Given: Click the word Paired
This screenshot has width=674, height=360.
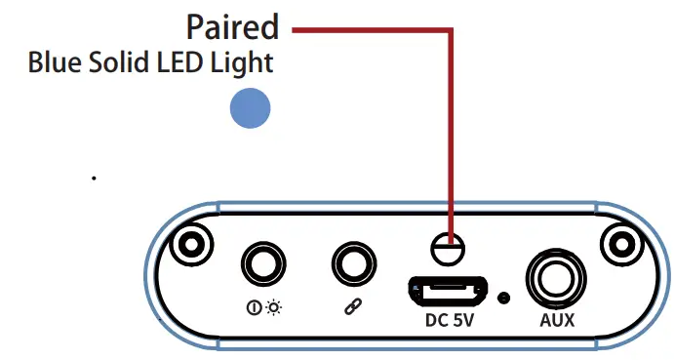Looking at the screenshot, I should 231,26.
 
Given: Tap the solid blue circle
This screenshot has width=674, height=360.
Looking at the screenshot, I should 250,108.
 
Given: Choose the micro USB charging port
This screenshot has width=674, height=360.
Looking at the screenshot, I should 449,290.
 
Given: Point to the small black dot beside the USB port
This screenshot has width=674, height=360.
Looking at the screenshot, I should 503,295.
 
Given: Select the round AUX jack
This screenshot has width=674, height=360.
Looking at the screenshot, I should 554,278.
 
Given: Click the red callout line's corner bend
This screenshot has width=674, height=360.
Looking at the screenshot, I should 452,30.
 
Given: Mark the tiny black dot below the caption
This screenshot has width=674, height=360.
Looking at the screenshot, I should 94,179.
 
